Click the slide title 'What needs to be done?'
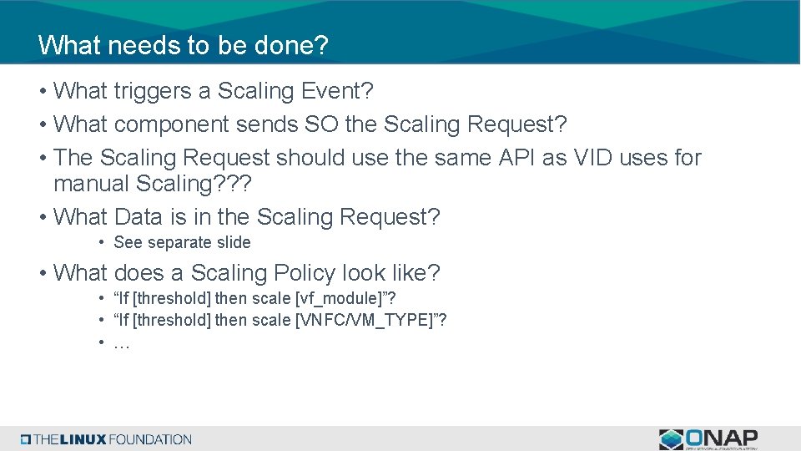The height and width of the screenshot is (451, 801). coord(183,45)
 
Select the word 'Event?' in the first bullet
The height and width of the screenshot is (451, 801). coord(373,91)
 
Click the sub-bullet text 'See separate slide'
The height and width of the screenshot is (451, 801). coord(182,243)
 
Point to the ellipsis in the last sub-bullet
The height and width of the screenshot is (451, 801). coord(121,343)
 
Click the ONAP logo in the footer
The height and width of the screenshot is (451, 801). coord(708,438)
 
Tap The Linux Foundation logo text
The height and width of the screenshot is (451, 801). coord(112,439)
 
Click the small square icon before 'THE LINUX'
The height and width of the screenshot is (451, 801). coord(26,439)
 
